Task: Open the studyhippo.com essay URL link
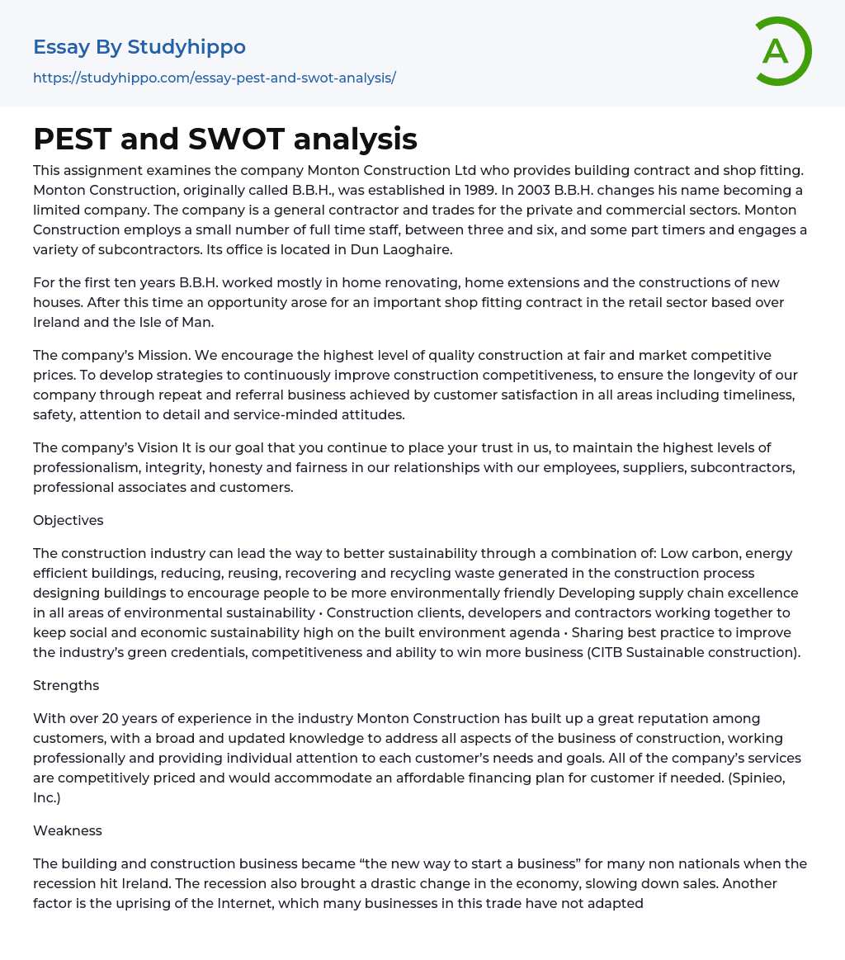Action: pos(215,78)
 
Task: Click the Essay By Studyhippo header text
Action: pos(139,47)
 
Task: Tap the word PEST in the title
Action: pos(72,140)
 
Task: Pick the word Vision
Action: pos(157,447)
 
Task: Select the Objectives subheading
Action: pos(68,520)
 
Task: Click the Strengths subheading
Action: pos(66,685)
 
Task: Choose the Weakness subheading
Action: pos(67,830)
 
